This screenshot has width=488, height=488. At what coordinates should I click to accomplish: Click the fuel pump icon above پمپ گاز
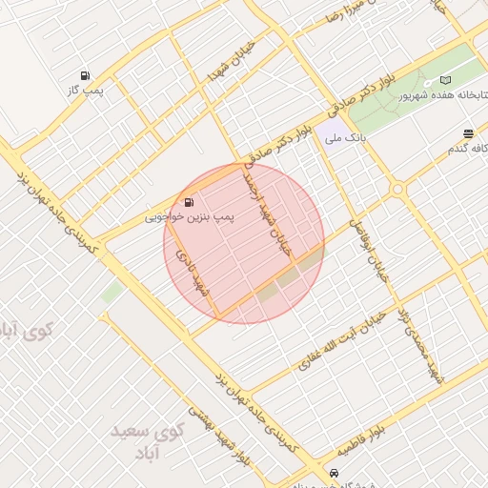(86, 75)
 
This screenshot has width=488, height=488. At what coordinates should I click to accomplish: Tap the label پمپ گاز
(84, 90)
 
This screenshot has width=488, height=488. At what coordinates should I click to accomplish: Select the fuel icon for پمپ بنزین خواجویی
(187, 202)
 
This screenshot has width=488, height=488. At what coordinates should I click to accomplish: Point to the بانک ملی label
(345, 139)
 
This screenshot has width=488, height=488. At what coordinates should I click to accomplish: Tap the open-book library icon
(445, 81)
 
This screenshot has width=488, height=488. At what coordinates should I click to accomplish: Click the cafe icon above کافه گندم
(468, 134)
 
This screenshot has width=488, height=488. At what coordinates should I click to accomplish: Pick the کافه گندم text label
(467, 150)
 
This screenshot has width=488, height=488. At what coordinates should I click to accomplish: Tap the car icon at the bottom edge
(333, 473)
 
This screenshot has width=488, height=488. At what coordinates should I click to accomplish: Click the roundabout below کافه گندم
(398, 191)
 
